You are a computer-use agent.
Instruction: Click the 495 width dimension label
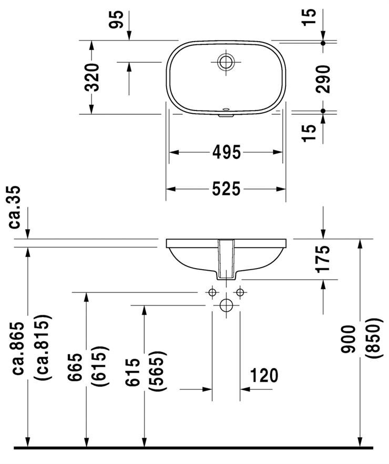point(227,152)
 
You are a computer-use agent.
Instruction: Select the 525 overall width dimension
point(227,188)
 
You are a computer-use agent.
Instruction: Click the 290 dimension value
point(323,78)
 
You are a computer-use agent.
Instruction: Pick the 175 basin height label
point(323,258)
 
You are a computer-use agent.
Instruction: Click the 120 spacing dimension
point(263,376)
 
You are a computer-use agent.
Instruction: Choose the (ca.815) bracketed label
point(42,348)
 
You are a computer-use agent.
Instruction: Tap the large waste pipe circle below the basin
point(226,305)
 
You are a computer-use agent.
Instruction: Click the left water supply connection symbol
point(212,292)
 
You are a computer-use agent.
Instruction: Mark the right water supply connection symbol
point(240,292)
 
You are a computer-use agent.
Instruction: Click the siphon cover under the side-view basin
point(227,261)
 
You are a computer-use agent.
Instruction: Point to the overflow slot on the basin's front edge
point(226,113)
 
